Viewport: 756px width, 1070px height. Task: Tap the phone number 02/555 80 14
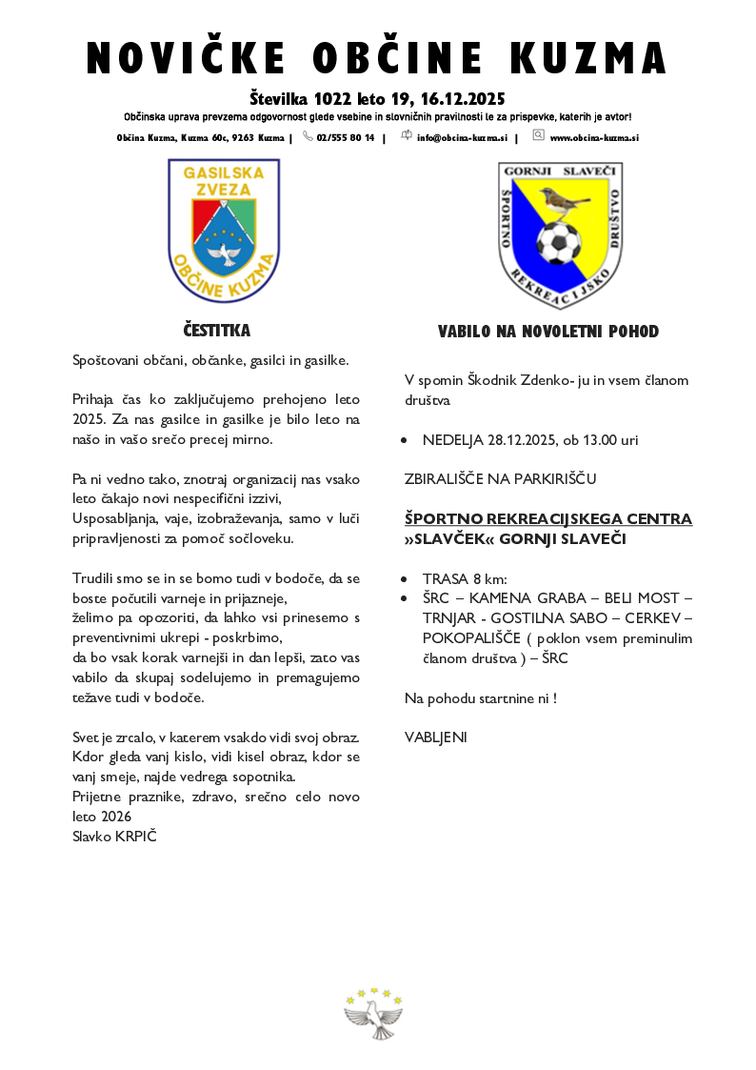pyautogui.click(x=345, y=138)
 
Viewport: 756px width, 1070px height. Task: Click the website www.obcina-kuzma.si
pyautogui.click(x=594, y=138)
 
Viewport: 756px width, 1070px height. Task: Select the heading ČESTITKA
pyautogui.click(x=217, y=331)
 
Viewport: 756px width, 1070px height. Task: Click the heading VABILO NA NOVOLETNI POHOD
pyautogui.click(x=547, y=332)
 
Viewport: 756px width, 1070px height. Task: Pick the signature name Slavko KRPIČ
pyautogui.click(x=114, y=836)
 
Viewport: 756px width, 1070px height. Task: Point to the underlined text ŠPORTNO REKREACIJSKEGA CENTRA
pyautogui.click(x=547, y=519)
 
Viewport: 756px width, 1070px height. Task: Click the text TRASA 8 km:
pyautogui.click(x=465, y=579)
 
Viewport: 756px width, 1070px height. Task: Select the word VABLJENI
pyautogui.click(x=436, y=737)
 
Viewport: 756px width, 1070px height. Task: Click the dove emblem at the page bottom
pyautogui.click(x=373, y=1013)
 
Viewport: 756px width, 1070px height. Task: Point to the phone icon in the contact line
pyautogui.click(x=308, y=136)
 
